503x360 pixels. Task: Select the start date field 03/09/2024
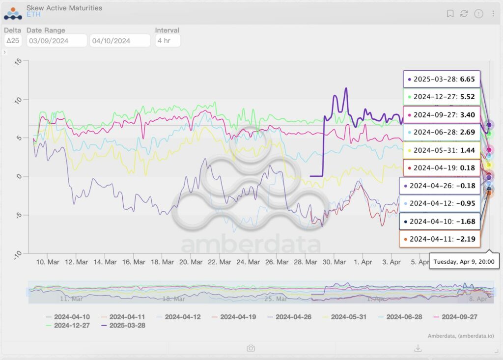click(x=56, y=41)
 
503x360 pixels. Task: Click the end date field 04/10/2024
click(x=120, y=41)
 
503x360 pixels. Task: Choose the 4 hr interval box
click(x=167, y=41)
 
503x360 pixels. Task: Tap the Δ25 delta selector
click(x=13, y=41)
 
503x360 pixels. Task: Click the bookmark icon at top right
click(x=450, y=14)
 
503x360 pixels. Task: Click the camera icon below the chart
click(x=251, y=348)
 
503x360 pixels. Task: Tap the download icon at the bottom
click(x=418, y=348)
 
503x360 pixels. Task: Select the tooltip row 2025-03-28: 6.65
click(x=441, y=79)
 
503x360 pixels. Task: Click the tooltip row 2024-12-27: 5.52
click(x=441, y=97)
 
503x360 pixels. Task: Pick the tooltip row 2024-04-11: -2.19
click(x=441, y=239)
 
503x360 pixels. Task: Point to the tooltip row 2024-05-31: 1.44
click(x=441, y=150)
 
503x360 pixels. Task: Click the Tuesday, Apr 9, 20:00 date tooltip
click(x=465, y=261)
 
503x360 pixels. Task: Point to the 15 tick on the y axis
click(x=18, y=61)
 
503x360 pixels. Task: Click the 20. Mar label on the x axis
click(x=191, y=262)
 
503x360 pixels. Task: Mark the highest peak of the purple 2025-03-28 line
click(x=346, y=88)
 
